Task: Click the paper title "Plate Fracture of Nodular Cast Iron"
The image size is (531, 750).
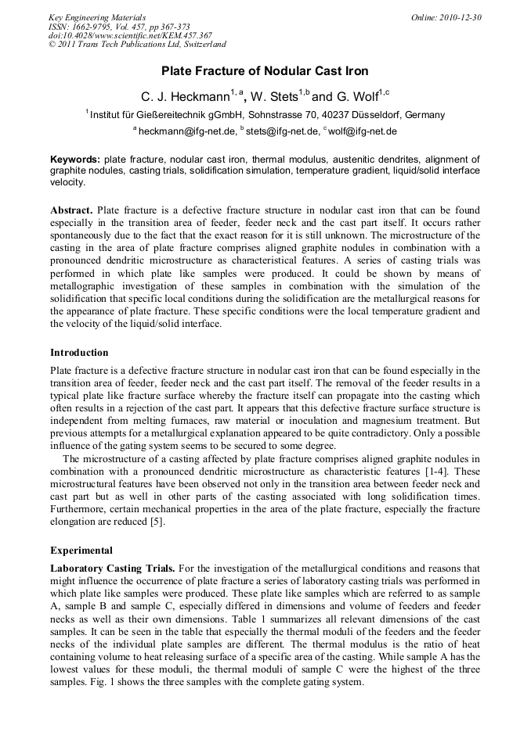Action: pos(265,71)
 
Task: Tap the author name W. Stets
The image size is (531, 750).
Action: pos(274,97)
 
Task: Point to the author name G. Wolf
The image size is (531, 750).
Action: pos(356,97)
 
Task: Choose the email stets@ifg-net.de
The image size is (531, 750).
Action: pos(280,131)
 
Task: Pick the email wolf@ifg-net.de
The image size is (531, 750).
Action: pos(363,131)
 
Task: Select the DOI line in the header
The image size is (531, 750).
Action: pos(130,35)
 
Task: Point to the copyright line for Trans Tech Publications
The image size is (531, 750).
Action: pos(137,45)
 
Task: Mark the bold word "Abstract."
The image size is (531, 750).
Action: pos(72,211)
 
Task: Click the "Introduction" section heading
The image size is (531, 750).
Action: pos(79,353)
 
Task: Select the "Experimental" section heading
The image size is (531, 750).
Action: pos(81,550)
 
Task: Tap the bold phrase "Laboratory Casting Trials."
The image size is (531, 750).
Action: pos(113,568)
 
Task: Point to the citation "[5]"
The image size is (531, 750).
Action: pos(157,522)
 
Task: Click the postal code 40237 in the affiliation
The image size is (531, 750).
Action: pos(327,115)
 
